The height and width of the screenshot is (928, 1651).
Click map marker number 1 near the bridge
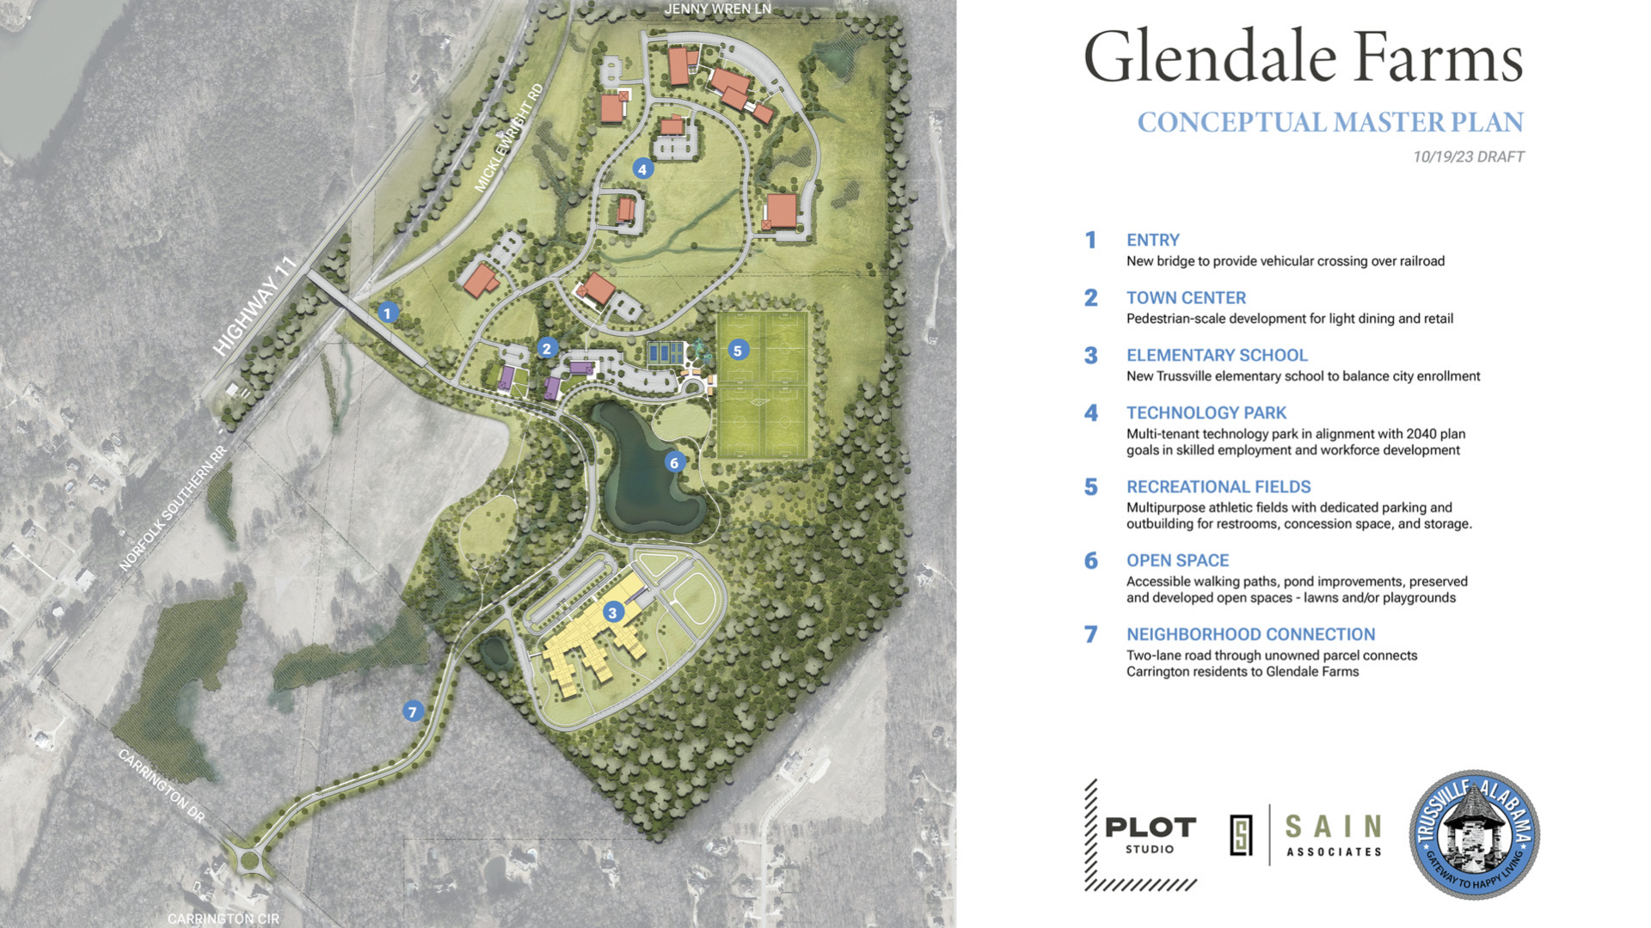(x=387, y=313)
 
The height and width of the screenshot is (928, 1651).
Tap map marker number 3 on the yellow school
(x=612, y=613)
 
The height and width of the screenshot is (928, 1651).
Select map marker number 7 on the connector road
(x=413, y=711)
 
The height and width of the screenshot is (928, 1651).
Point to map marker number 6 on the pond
(x=674, y=463)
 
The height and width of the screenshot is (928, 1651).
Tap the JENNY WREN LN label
(x=717, y=9)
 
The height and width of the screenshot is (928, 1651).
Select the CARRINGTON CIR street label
(x=223, y=918)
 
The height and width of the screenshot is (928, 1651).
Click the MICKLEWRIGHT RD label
(x=509, y=137)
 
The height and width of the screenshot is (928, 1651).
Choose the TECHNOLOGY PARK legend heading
(x=1206, y=413)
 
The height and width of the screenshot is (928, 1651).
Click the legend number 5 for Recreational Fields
(x=1090, y=487)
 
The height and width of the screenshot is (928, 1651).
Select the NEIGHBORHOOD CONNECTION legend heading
(x=1250, y=635)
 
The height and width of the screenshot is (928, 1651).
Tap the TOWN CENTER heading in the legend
(x=1186, y=298)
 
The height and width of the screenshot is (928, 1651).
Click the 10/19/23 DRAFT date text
(x=1468, y=157)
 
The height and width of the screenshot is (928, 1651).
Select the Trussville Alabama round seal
(x=1474, y=834)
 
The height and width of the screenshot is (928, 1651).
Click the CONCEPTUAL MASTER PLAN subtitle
(x=1329, y=123)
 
